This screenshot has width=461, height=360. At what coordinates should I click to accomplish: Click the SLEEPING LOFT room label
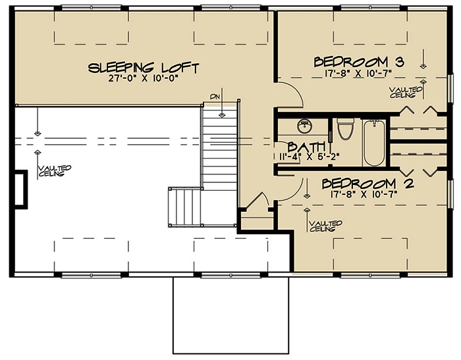[x=143, y=67]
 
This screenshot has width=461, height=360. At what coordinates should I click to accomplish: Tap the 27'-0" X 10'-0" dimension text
[x=143, y=78]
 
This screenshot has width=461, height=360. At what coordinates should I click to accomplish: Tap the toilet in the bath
[x=344, y=130]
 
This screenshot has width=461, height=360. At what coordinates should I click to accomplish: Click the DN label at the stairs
[x=214, y=97]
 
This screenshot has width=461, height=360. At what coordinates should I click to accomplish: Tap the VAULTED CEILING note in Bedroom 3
[x=402, y=92]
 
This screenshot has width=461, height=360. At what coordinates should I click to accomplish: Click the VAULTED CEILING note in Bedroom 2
[x=323, y=226]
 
